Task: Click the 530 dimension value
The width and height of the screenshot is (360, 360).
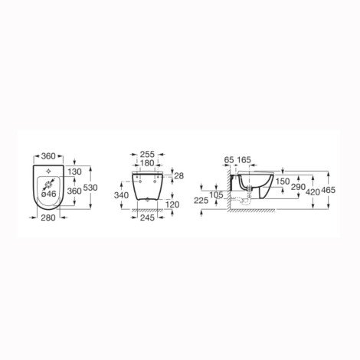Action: click(90, 188)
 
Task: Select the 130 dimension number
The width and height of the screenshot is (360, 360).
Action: click(75, 172)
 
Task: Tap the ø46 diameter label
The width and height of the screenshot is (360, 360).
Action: click(48, 194)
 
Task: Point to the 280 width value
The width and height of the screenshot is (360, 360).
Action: click(48, 218)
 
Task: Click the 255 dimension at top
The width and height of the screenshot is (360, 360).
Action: click(148, 154)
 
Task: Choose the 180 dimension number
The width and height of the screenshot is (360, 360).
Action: click(148, 163)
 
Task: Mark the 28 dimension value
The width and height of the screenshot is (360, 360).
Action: click(179, 175)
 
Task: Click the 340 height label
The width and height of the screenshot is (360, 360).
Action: click(121, 195)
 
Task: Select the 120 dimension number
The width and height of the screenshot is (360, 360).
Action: click(172, 205)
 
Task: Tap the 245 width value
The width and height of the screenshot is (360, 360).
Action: click(148, 218)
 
